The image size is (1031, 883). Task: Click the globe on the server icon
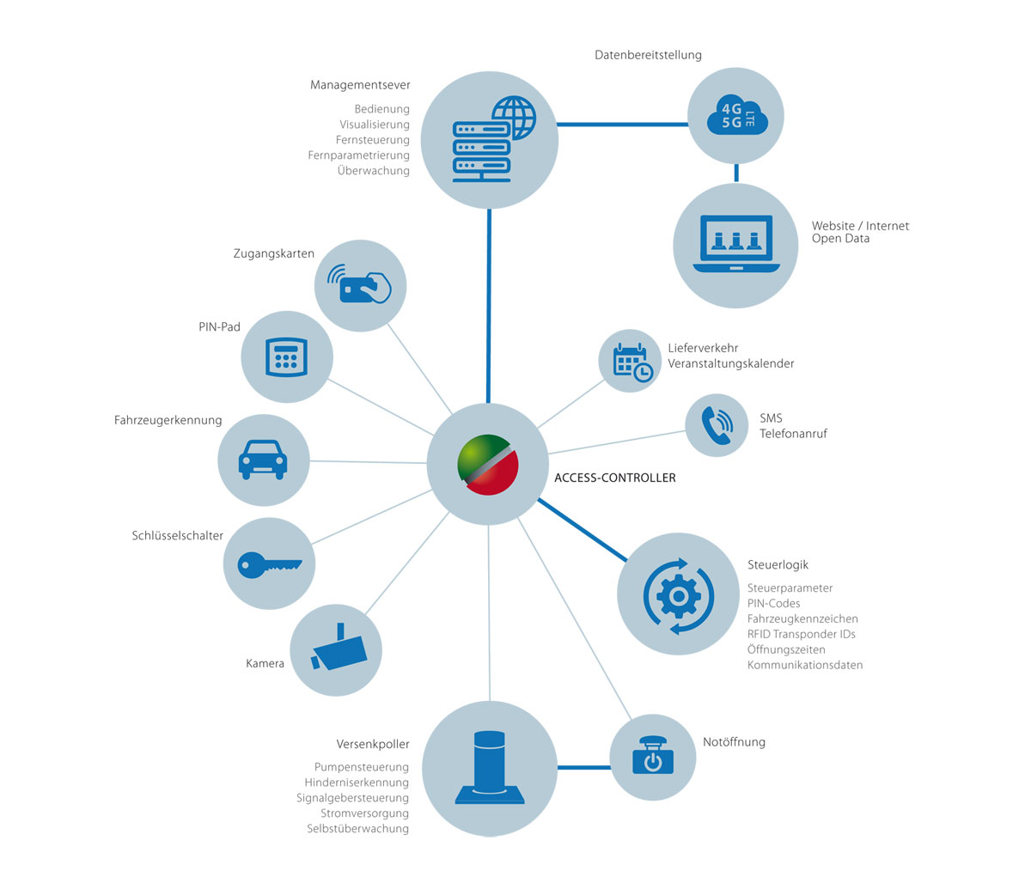tap(514, 117)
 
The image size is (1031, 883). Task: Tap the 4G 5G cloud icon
tap(736, 116)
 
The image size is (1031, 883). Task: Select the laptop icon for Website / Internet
tap(736, 244)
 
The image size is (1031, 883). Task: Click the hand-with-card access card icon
tap(360, 285)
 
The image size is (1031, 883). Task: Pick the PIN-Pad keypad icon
tap(286, 356)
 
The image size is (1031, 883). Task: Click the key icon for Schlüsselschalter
tap(270, 564)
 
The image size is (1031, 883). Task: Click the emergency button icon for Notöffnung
tap(653, 756)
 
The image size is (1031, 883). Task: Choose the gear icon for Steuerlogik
tap(679, 594)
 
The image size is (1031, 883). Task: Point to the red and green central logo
tap(488, 465)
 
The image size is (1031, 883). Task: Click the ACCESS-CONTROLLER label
tap(615, 478)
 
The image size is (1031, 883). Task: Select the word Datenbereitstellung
tap(648, 55)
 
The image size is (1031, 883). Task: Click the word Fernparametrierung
tap(358, 155)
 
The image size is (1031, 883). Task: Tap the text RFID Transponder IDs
tap(801, 634)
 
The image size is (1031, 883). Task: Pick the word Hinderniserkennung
tap(356, 783)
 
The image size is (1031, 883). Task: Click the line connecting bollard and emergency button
tap(583, 766)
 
